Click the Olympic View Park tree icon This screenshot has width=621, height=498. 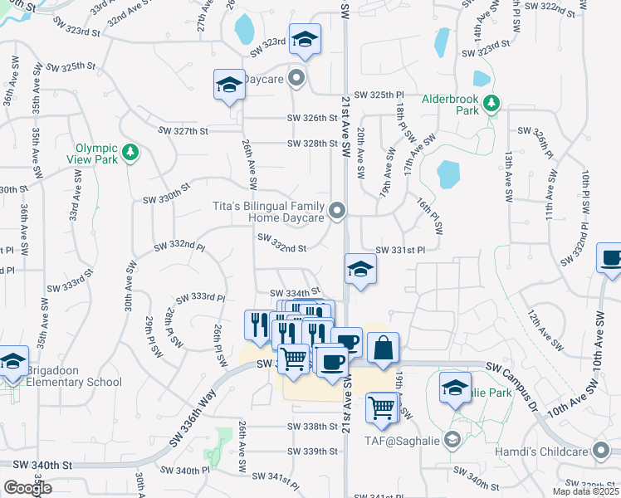click(129, 152)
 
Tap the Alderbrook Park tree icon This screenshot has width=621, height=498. click(492, 102)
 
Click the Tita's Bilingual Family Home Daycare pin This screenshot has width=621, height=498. click(337, 212)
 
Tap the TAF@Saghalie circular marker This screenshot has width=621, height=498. click(452, 438)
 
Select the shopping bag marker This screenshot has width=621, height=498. click(382, 349)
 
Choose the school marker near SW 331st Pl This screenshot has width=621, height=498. click(359, 270)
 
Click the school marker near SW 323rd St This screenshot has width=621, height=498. click(305, 40)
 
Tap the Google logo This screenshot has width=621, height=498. click(27, 488)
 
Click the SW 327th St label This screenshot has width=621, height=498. click(184, 130)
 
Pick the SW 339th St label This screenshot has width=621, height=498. click(312, 451)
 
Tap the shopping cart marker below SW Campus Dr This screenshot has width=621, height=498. click(382, 408)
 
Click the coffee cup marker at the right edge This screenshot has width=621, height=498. click(610, 259)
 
